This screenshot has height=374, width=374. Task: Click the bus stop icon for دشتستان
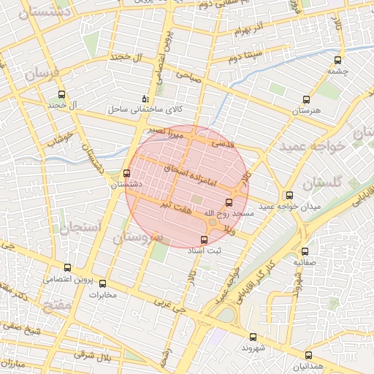[x=128, y=174]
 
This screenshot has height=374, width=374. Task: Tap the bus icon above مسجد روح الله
[x=229, y=202]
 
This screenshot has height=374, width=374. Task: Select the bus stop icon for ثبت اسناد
[x=204, y=240]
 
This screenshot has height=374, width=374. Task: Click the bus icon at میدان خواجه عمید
[x=290, y=195]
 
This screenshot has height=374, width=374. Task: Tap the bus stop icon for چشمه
[x=337, y=61]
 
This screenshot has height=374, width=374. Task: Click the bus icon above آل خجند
[x=61, y=94]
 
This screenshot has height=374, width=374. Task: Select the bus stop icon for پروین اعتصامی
[x=68, y=267]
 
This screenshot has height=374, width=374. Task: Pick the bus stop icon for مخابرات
[x=102, y=283]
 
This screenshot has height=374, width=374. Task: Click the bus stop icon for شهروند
[x=253, y=337]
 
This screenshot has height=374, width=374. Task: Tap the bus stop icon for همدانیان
[x=308, y=354]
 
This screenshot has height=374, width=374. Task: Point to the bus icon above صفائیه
[x=304, y=248]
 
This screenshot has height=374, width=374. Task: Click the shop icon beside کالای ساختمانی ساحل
[x=145, y=99]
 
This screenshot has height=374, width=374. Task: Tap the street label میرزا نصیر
[x=166, y=132]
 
